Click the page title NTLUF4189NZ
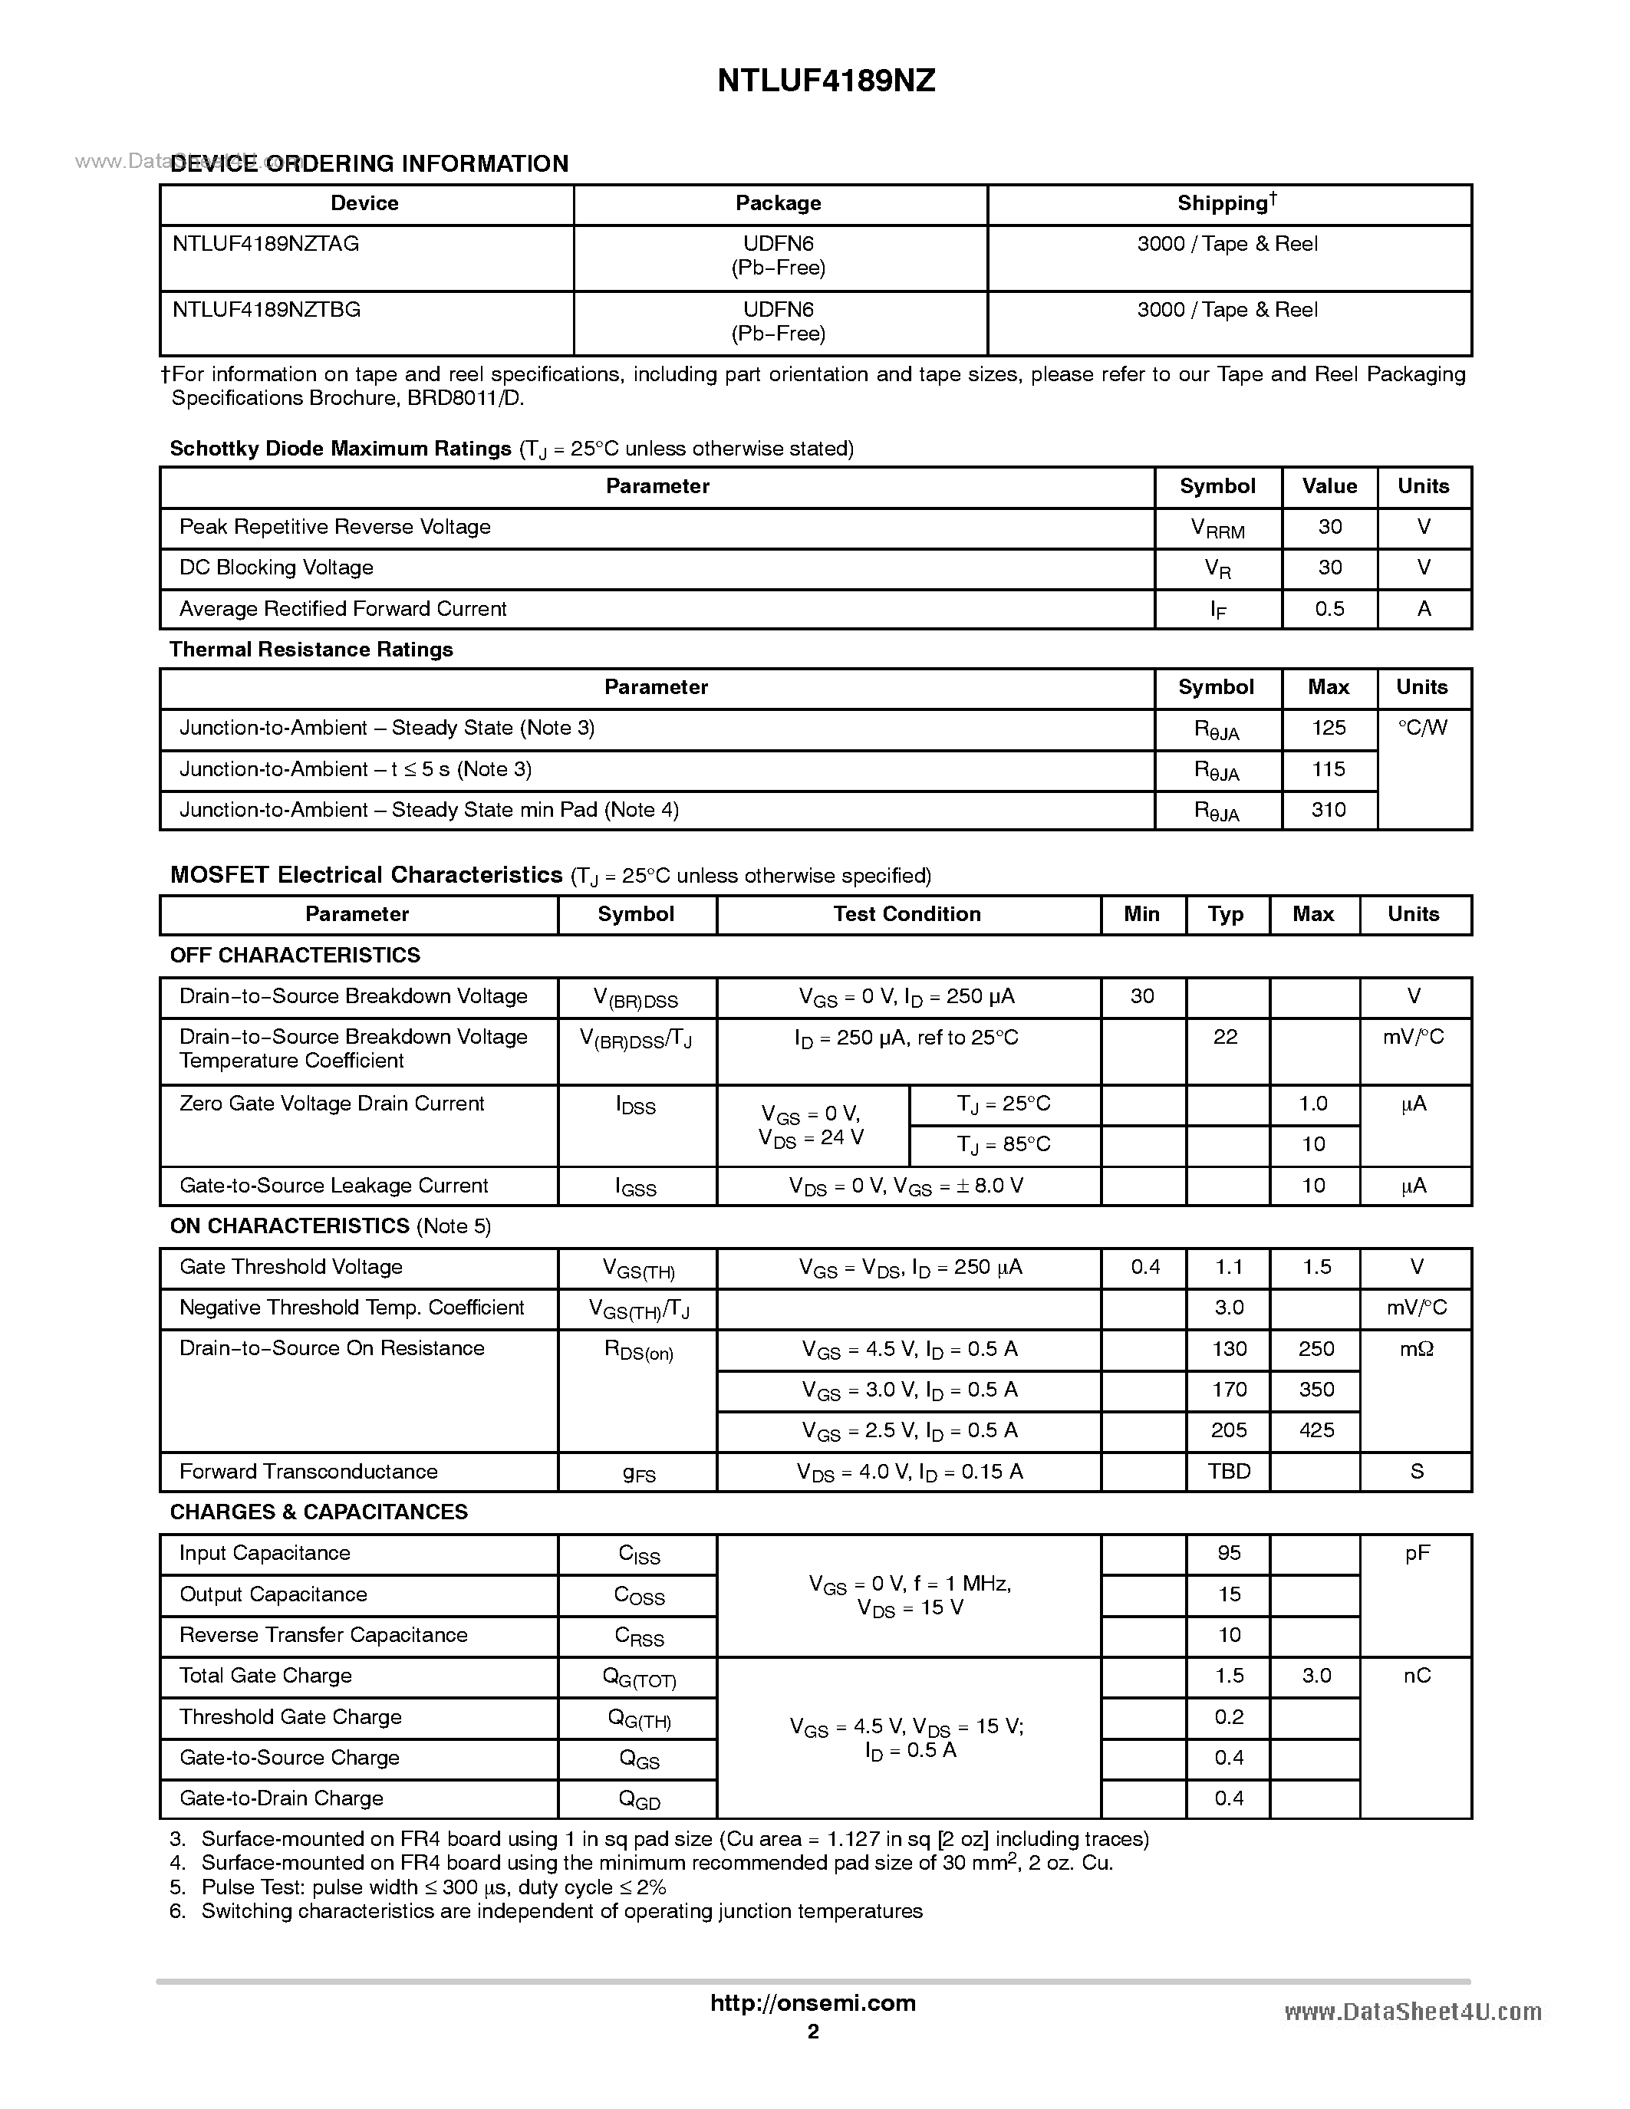coord(825,81)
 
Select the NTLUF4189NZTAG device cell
coord(265,245)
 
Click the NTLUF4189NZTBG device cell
coord(266,310)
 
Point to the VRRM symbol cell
coord(1217,529)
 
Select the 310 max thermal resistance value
coord(1329,810)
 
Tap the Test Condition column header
coord(907,914)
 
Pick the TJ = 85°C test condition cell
coord(1003,1144)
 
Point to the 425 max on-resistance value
coord(1316,1430)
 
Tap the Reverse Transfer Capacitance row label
coord(324,1635)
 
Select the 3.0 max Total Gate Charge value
coord(1316,1676)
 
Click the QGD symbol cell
coord(639,1799)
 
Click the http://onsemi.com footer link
coord(812,2002)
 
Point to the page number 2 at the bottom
coord(813,2031)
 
